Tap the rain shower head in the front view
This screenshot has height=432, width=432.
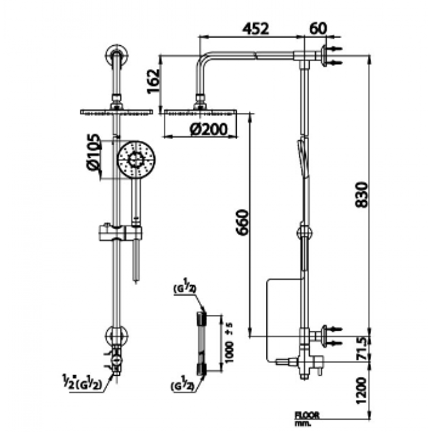pos(116,112)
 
